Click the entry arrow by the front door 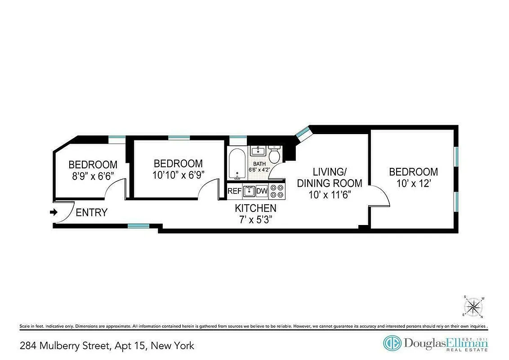[x=54, y=212]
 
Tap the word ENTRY [x=91, y=212]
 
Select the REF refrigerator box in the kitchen [x=234, y=191]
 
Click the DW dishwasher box [x=262, y=191]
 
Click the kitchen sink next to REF [x=249, y=191]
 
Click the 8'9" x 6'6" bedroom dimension [x=93, y=176]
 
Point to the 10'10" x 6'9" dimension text [x=179, y=175]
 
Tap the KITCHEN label [x=255, y=208]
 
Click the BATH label [x=259, y=164]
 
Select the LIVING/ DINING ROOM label [x=330, y=177]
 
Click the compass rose [x=473, y=308]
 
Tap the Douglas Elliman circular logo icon [x=392, y=343]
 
